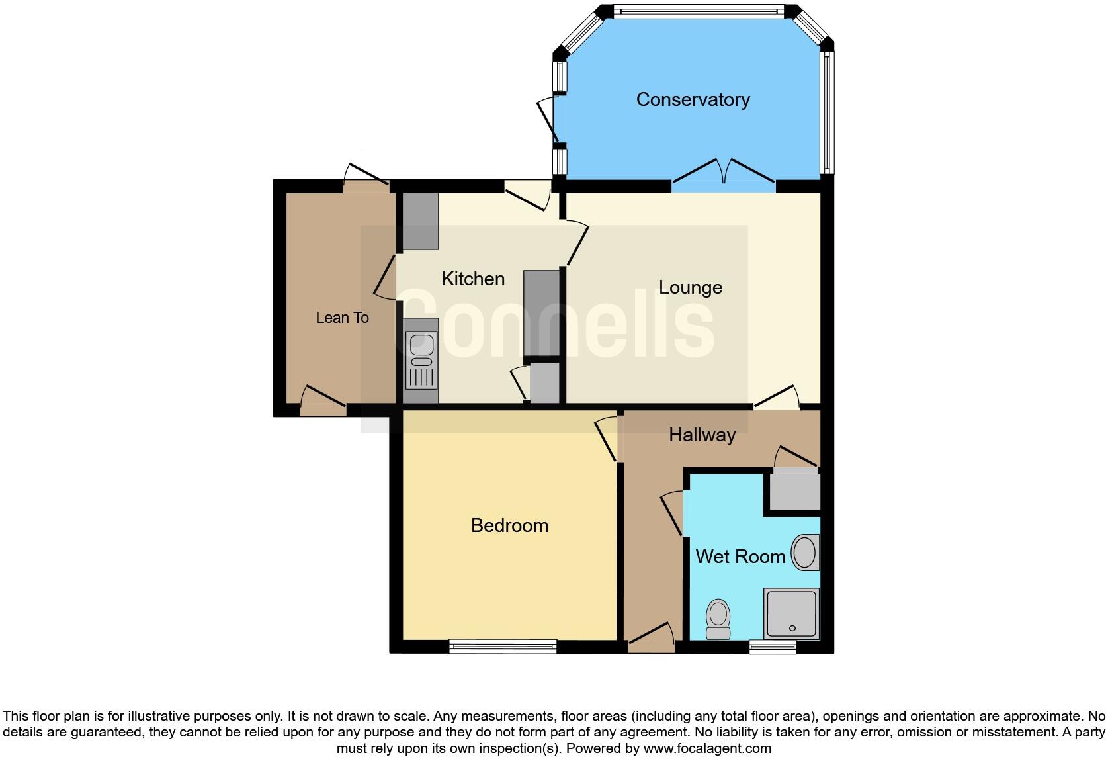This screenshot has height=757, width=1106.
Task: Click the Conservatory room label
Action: click(693, 99)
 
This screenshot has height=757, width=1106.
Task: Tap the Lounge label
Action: click(691, 287)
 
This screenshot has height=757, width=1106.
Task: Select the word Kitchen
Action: click(473, 279)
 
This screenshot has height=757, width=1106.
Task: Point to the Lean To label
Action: click(342, 318)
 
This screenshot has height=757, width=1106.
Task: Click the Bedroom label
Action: click(509, 525)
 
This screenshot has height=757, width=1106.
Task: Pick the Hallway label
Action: click(702, 435)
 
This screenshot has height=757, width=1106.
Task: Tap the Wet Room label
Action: click(740, 557)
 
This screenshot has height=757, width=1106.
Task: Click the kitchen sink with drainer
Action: click(421, 361)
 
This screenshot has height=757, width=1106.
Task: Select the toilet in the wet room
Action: click(718, 619)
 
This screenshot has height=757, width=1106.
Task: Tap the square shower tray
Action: click(791, 613)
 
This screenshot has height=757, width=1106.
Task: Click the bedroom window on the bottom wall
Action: click(503, 646)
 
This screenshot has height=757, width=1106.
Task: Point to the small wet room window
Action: click(773, 646)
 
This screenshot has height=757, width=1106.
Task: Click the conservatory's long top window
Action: click(698, 11)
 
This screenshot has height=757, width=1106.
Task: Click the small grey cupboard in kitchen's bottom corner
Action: click(544, 382)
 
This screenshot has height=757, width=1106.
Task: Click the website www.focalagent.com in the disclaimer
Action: click(707, 748)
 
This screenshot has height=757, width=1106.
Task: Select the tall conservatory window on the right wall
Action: click(827, 112)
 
